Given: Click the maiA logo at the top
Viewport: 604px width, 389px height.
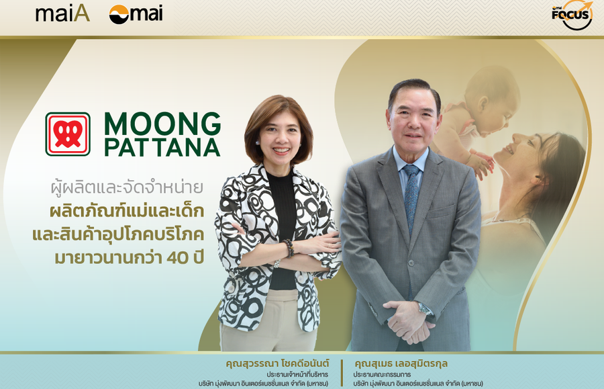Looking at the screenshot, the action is pyautogui.click(x=63, y=13).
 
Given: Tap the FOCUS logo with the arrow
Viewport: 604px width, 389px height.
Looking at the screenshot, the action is pyautogui.click(x=572, y=15).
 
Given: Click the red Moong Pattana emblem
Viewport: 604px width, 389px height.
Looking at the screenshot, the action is pyautogui.click(x=68, y=134).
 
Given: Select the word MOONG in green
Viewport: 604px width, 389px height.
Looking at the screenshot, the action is pyautogui.click(x=162, y=124).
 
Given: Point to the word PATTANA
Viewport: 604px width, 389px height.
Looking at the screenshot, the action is pyautogui.click(x=162, y=147).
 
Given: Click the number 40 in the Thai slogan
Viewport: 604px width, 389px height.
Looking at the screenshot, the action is pyautogui.click(x=177, y=258).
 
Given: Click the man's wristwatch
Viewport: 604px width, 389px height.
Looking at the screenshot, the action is pyautogui.click(x=425, y=308).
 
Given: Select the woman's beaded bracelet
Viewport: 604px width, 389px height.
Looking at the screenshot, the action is pyautogui.click(x=288, y=248).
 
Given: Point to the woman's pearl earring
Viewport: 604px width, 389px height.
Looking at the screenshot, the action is pyautogui.click(x=257, y=143).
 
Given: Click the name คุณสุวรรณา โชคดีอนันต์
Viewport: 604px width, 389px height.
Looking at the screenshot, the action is pyautogui.click(x=277, y=363).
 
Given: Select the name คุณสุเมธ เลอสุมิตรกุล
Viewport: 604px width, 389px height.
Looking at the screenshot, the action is pyautogui.click(x=401, y=363).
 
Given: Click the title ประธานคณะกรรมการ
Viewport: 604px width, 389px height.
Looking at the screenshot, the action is pyautogui.click(x=382, y=374).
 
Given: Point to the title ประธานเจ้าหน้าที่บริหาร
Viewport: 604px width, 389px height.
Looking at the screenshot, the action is pyautogui.click(x=297, y=374).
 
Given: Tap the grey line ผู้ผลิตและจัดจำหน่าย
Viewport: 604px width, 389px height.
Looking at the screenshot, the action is pyautogui.click(x=127, y=187).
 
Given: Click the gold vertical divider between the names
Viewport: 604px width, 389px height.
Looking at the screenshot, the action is pyautogui.click(x=342, y=372).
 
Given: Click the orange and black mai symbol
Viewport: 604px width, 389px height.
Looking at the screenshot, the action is pyautogui.click(x=119, y=14).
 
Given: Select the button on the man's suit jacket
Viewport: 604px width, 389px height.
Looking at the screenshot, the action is pyautogui.click(x=411, y=263).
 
